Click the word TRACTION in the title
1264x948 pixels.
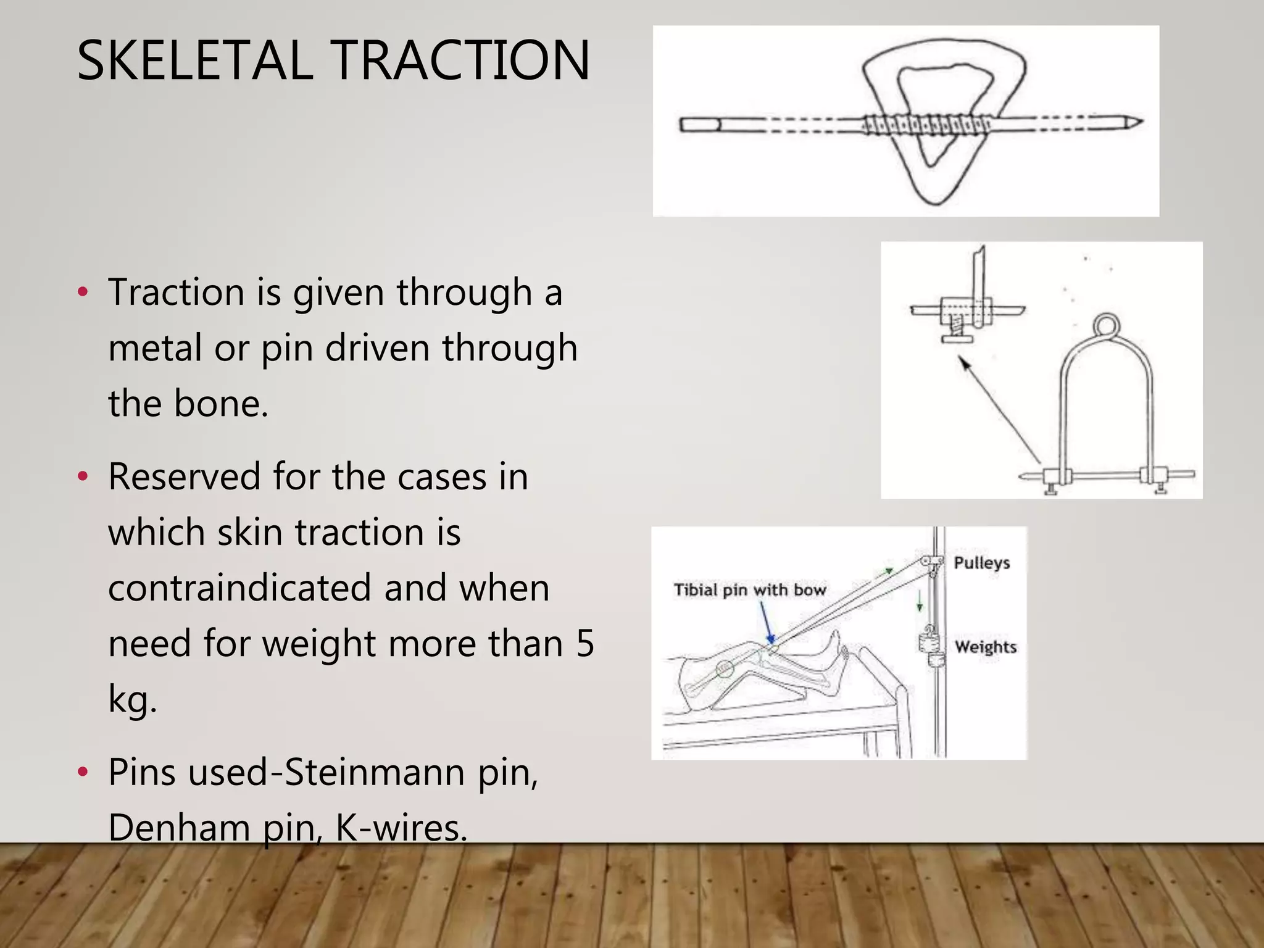pyautogui.click(x=462, y=60)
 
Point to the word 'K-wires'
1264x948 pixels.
pyautogui.click(x=401, y=827)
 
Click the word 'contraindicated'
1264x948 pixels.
pyautogui.click(x=239, y=588)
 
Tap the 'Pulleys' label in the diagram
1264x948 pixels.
pyautogui.click(x=981, y=563)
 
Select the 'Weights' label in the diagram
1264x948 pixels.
pyautogui.click(x=986, y=647)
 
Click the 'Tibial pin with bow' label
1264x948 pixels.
pyautogui.click(x=750, y=590)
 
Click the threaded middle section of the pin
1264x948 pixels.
pyautogui.click(x=926, y=125)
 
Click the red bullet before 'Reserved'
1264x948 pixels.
pyautogui.click(x=83, y=476)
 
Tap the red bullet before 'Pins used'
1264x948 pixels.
pyautogui.click(x=83, y=772)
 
